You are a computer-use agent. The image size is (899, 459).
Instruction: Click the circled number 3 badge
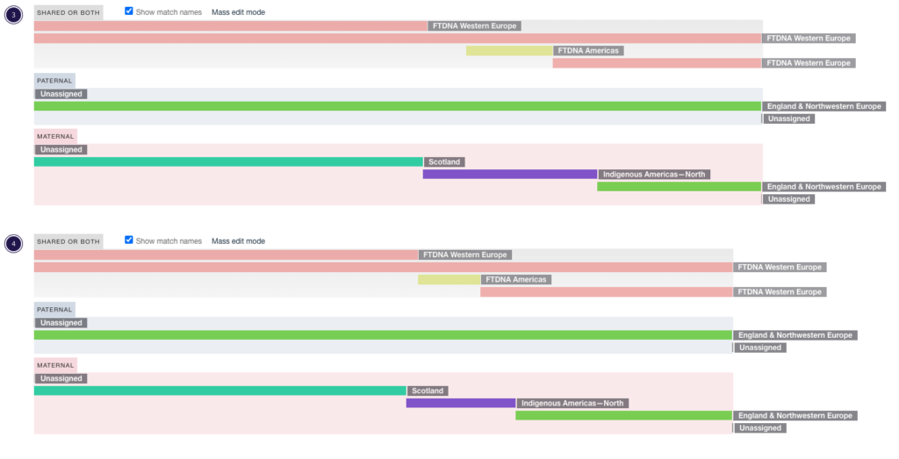[14, 15]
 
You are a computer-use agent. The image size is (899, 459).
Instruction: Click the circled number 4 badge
[14, 243]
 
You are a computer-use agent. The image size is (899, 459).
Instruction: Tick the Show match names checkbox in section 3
[129, 11]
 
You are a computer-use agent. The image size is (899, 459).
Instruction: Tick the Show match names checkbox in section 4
[129, 240]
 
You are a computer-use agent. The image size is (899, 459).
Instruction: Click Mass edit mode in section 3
[238, 12]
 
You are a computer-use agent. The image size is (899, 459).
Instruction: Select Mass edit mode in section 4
[238, 241]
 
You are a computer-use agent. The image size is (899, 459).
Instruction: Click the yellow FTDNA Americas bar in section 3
[509, 50]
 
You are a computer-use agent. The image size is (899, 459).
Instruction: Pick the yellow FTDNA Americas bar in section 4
[449, 280]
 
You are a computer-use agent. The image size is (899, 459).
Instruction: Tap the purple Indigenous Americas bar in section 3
[510, 174]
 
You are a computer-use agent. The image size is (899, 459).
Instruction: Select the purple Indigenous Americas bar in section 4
[461, 403]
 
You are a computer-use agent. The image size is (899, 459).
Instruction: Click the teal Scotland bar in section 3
[229, 161]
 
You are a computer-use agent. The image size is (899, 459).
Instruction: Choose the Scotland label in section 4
[428, 391]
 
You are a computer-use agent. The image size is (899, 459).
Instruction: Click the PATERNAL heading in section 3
[54, 81]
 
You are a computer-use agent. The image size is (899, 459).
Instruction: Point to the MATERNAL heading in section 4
[55, 365]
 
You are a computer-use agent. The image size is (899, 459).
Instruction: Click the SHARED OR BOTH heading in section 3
[68, 12]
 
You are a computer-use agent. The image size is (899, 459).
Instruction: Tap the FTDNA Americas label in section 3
[588, 50]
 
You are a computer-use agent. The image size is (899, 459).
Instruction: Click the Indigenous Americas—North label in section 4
[572, 404]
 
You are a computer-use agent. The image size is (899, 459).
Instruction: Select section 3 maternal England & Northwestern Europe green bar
[680, 186]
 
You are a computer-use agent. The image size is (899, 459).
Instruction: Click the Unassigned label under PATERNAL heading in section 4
[61, 323]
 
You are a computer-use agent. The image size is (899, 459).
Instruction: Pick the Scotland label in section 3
[444, 162]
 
